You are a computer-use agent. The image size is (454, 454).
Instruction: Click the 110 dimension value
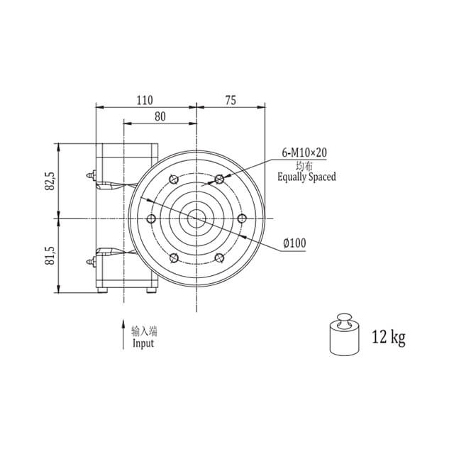click(145, 100)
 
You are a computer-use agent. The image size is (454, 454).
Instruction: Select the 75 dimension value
click(231, 100)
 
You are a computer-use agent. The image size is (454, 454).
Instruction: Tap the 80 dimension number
click(160, 116)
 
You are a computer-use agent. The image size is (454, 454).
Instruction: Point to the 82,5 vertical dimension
click(50, 181)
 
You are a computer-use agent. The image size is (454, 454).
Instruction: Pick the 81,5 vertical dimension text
click(50, 256)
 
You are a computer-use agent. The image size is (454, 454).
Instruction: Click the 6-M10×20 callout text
click(304, 153)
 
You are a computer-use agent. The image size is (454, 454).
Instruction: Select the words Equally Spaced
click(306, 177)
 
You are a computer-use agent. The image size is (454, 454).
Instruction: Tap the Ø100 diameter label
click(294, 243)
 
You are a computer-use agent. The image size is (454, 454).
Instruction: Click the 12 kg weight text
click(389, 337)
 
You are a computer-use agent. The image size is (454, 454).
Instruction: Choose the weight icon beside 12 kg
click(345, 334)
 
